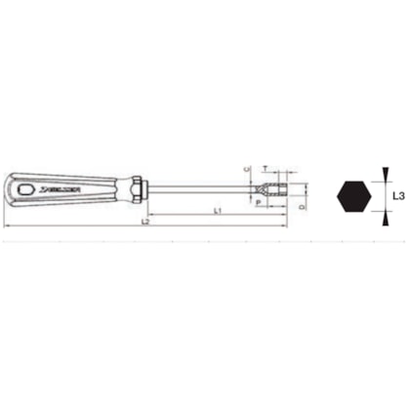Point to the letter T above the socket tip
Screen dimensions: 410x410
pos(266,169)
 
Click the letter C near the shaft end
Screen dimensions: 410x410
pos(246,172)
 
